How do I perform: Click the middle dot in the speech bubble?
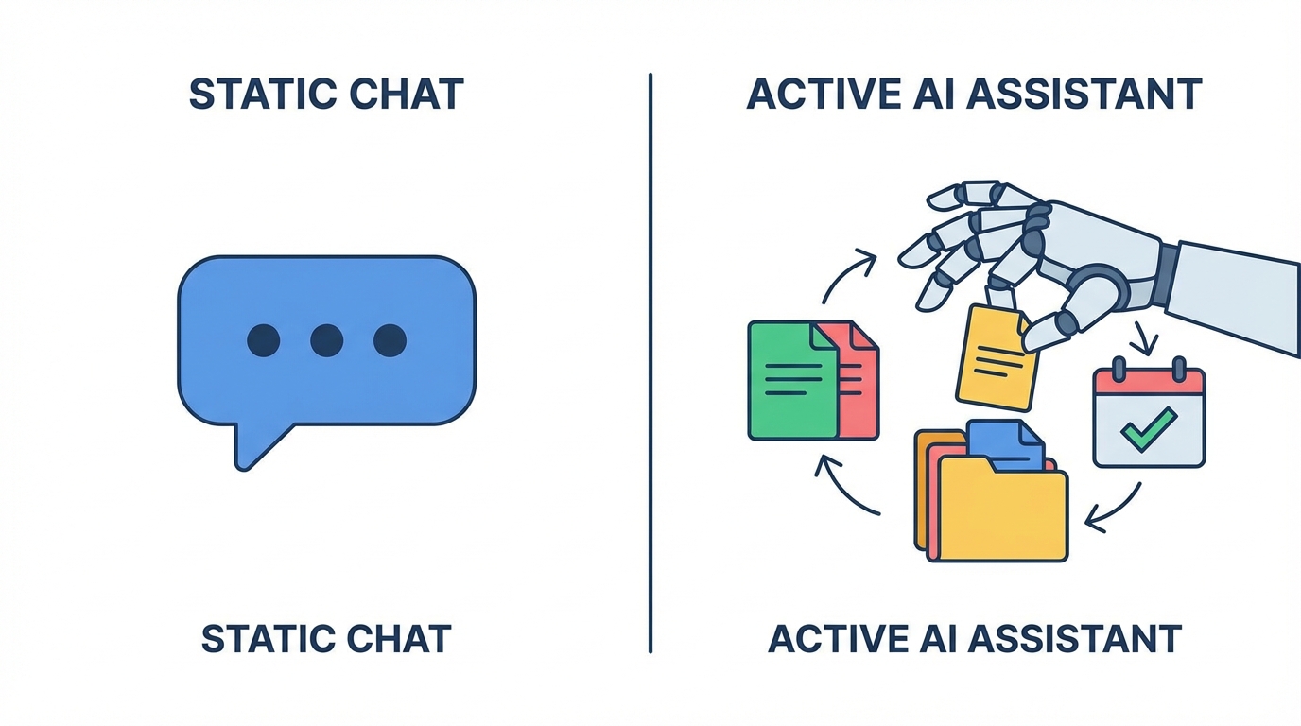coord(326,340)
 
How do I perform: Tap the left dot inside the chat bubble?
coord(263,340)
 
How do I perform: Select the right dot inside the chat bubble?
coord(390,340)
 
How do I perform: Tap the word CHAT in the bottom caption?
coord(402,640)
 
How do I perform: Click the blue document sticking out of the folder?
coord(1008,444)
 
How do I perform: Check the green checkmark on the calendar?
coord(1148,429)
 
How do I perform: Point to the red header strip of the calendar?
coord(1149,384)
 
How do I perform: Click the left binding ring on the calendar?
coord(1119,368)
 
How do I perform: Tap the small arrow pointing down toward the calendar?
coord(1142,336)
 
